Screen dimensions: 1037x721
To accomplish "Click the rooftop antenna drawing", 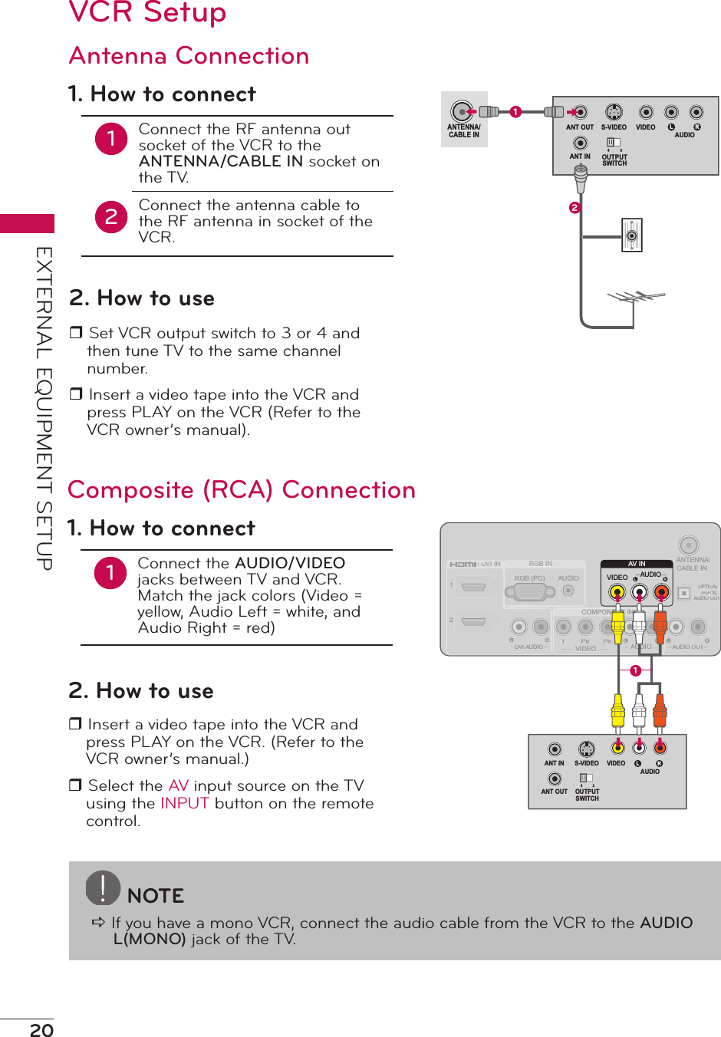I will [x=635, y=297].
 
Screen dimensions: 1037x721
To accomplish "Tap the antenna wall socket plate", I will [x=631, y=235].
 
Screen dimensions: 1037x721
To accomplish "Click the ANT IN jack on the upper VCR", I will [x=581, y=143].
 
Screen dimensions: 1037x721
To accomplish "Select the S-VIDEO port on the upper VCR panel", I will [x=614, y=113].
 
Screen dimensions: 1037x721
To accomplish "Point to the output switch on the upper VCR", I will [x=613, y=143].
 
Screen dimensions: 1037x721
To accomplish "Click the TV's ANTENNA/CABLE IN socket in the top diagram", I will [x=461, y=112].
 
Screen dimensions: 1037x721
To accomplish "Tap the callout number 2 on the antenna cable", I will [x=574, y=208].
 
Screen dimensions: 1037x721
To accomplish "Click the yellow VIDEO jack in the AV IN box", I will [x=617, y=593].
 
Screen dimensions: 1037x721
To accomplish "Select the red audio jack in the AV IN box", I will [x=660, y=593].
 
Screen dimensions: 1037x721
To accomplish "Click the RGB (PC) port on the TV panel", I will [x=530, y=591].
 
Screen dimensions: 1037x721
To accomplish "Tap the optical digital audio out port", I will [x=684, y=593].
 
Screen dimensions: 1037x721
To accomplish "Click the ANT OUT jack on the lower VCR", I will [x=555, y=779].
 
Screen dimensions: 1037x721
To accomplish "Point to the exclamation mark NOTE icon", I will [x=103, y=888].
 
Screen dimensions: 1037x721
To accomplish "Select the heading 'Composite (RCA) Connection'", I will [x=242, y=490].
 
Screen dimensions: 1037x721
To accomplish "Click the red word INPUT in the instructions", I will [x=185, y=803].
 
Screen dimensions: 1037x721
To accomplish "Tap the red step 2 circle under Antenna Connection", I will [x=111, y=218].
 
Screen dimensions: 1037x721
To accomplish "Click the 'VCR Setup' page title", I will [x=148, y=13].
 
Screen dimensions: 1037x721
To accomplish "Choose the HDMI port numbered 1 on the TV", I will [x=474, y=588].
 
